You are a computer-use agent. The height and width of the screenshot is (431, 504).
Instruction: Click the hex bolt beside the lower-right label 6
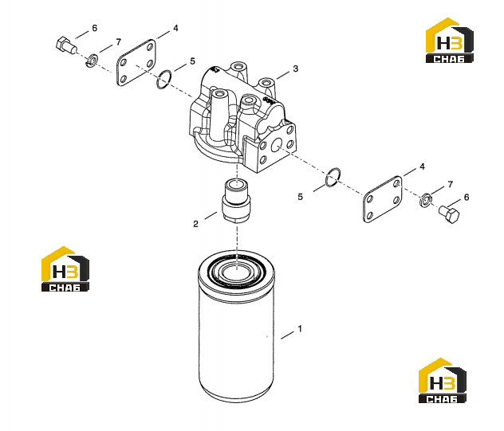[x=449, y=214]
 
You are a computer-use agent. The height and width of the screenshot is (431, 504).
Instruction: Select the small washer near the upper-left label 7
[x=93, y=61]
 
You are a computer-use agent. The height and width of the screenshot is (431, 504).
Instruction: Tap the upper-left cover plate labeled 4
[x=136, y=62]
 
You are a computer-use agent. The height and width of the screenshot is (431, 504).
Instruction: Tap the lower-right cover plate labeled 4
[x=382, y=199]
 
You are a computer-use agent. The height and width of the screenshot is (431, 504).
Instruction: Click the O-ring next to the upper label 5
[x=164, y=80]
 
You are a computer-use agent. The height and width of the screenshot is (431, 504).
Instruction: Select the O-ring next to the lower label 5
[x=333, y=178]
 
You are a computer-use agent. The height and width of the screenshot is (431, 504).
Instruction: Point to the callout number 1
[x=300, y=329]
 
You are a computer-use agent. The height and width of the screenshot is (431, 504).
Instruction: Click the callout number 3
[x=295, y=69]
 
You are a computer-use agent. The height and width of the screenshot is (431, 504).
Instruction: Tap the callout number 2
[x=195, y=224]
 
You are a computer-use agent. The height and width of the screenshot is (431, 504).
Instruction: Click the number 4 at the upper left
[x=175, y=28]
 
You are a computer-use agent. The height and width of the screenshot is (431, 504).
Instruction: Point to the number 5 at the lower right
[x=300, y=197]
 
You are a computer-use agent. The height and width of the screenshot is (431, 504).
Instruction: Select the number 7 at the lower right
[x=451, y=184]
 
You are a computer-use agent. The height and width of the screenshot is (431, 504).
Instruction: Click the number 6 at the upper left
[x=94, y=28]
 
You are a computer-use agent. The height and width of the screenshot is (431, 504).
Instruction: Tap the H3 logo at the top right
[x=449, y=40]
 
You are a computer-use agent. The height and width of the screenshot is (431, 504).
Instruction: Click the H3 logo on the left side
[x=65, y=269]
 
